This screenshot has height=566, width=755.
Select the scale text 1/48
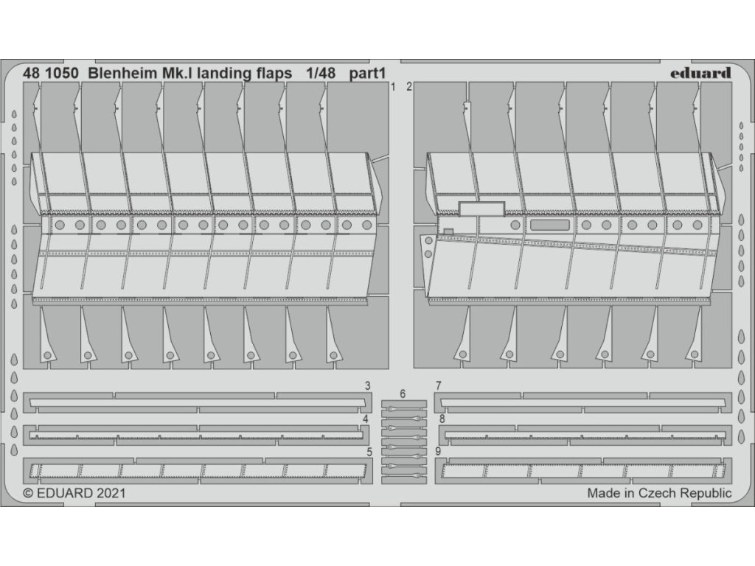coord(322,73)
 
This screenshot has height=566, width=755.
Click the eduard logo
coord(700,72)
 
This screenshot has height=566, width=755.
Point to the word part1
coord(369,73)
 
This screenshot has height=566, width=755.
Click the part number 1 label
coord(394,87)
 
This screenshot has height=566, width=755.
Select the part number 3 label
coord(367,385)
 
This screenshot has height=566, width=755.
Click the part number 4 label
coord(365,419)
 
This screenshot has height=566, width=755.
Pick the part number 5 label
coord(367,451)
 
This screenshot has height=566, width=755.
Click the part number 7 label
coord(438,385)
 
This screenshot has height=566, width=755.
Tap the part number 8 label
coord(442,419)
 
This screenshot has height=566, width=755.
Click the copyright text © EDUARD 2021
coord(74,493)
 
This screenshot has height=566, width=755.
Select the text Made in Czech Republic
coord(659,493)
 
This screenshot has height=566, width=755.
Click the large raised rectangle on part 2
coord(481,209)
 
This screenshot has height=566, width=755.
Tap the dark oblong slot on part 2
coord(550,226)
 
